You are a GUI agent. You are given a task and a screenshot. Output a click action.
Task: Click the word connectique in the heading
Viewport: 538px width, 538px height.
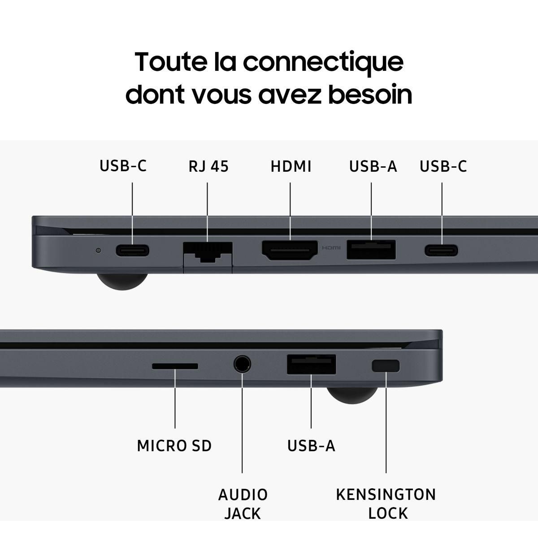click(x=323, y=62)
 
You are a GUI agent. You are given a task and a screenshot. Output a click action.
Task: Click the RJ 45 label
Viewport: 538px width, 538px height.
click(x=208, y=166)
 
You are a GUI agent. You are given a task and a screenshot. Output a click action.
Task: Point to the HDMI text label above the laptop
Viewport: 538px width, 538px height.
click(x=291, y=166)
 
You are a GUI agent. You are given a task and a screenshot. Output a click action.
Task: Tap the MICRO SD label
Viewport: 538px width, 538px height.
click(x=174, y=446)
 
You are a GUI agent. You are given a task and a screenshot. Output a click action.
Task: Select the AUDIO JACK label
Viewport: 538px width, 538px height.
click(x=243, y=503)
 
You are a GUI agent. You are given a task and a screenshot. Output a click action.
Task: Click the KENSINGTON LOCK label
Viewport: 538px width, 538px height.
click(x=386, y=503)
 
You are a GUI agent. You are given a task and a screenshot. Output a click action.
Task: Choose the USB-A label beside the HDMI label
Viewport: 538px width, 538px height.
click(x=373, y=166)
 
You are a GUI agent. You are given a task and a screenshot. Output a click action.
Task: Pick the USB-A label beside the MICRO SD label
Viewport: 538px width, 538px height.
click(x=311, y=446)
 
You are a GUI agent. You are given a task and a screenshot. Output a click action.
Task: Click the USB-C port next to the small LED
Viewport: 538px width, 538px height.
click(x=132, y=250)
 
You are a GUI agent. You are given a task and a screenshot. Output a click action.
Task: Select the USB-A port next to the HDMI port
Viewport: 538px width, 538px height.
click(x=371, y=250)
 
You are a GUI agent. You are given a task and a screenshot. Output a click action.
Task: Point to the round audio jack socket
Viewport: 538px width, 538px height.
click(x=242, y=364)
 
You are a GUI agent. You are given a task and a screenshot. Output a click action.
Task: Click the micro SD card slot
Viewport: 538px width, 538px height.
click(x=175, y=366)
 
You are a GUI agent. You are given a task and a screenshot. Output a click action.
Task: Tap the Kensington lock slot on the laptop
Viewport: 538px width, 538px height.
click(x=386, y=365)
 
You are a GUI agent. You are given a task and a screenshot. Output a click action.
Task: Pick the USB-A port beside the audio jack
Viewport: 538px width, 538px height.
click(x=312, y=364)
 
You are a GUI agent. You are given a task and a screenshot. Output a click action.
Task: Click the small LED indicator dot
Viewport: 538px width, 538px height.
click(x=99, y=250)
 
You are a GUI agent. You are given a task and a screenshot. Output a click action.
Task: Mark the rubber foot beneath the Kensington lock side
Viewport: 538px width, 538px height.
click(x=352, y=395)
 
